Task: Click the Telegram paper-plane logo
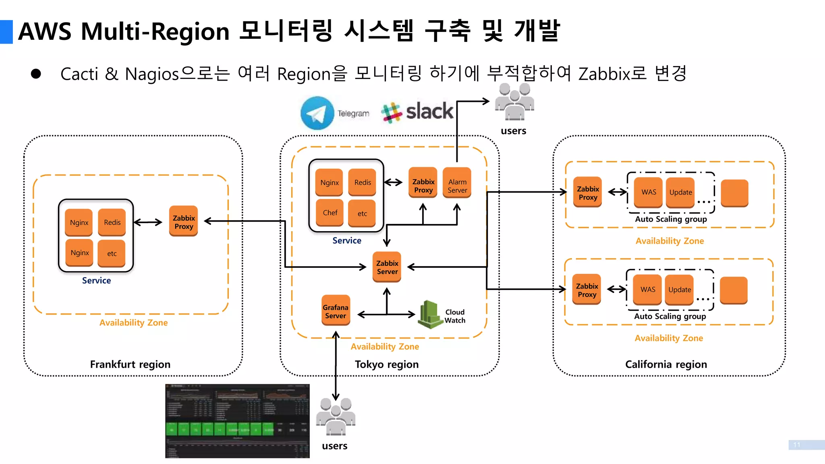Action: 317,113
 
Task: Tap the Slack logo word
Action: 429,111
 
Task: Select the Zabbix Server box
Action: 387,267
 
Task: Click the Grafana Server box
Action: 336,311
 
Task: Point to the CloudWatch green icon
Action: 430,314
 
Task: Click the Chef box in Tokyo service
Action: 330,213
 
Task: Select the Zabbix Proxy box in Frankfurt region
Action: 184,222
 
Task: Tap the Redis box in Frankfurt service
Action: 112,222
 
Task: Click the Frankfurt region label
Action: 130,364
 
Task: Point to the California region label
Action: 666,364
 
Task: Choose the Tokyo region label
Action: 387,364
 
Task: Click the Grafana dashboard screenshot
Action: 237,421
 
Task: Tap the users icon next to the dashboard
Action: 335,417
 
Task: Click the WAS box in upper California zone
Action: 649,192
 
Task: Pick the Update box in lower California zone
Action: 680,290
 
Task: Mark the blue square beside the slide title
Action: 6,32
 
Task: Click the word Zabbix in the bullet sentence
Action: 603,74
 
